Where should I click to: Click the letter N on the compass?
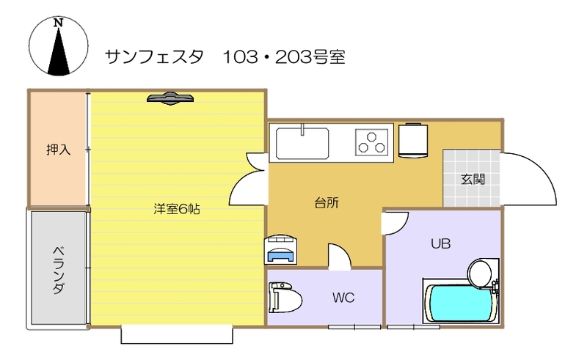(58, 23)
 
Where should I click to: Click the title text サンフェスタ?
(154, 57)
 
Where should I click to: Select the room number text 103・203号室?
(284, 57)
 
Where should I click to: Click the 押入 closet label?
(59, 150)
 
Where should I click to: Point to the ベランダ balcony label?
(59, 270)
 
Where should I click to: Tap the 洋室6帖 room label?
(177, 209)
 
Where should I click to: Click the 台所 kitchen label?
(327, 202)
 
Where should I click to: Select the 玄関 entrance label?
(473, 179)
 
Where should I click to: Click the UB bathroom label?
(441, 243)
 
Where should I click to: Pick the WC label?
(343, 298)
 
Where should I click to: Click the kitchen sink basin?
(302, 143)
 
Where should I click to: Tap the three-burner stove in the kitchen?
(371, 142)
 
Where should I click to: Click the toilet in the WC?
(285, 298)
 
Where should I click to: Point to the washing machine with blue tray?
(281, 249)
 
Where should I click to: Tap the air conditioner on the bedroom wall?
(170, 98)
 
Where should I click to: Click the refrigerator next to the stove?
(413, 140)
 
